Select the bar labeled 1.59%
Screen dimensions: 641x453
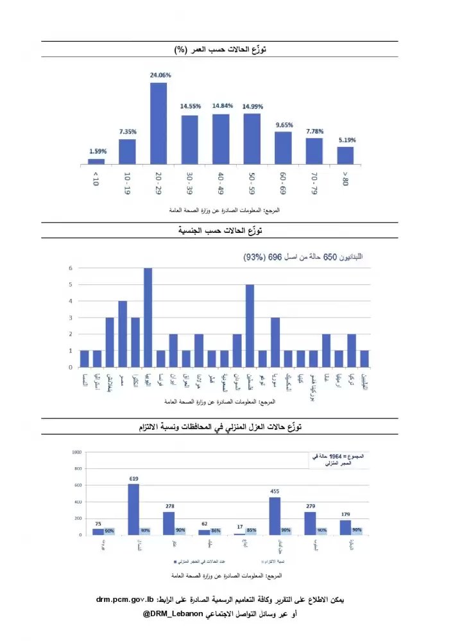click(x=96, y=161)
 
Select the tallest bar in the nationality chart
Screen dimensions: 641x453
click(x=148, y=318)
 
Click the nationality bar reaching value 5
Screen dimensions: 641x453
click(x=250, y=325)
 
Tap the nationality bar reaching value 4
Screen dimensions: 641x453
click(x=123, y=334)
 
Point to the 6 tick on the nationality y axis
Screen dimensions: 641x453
click(x=71, y=268)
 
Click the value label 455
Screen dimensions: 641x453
click(x=275, y=492)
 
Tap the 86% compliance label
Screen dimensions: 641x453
click(x=216, y=531)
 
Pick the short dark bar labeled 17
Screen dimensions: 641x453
click(x=239, y=533)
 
